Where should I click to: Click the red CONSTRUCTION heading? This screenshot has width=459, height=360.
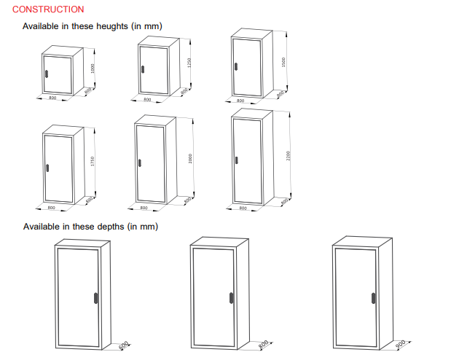(48, 9)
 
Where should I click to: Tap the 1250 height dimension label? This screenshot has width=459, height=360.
(189, 63)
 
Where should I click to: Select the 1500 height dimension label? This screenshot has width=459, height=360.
(283, 62)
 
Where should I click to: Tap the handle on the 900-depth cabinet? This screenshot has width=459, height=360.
(372, 297)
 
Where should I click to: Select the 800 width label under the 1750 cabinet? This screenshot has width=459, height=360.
(51, 208)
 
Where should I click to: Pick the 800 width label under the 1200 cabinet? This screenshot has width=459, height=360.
(52, 97)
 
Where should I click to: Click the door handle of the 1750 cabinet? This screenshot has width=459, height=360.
(47, 168)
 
